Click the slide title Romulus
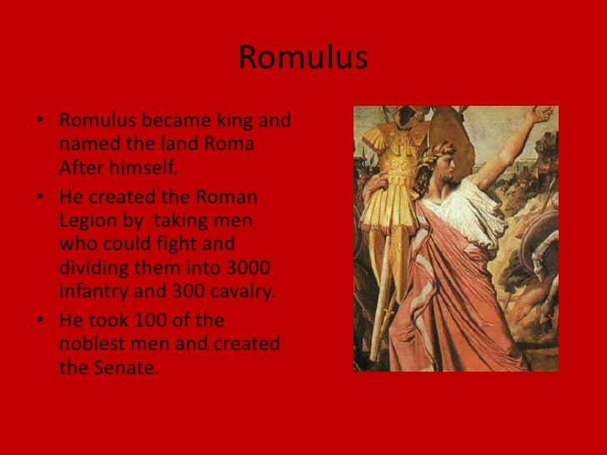[303, 59]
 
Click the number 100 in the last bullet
[162, 321]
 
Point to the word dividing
[92, 268]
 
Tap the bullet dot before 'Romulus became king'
[39, 122]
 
